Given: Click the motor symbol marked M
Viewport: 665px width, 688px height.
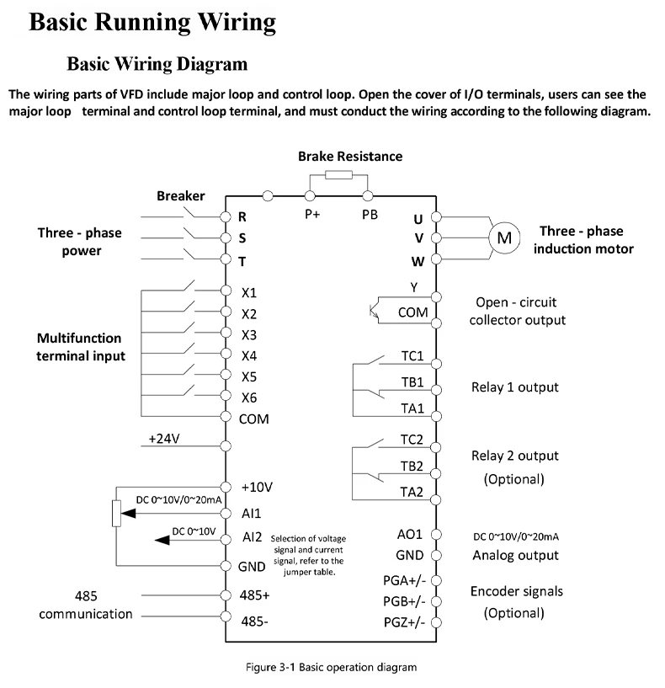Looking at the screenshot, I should (504, 238).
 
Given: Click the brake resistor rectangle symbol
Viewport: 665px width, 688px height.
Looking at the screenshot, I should (338, 175).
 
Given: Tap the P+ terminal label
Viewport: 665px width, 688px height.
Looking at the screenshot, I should (312, 213).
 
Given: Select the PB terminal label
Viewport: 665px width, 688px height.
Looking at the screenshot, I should (370, 213).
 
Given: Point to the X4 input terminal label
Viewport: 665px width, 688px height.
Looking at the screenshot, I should (249, 355).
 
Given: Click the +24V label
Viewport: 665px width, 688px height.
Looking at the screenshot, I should (164, 438).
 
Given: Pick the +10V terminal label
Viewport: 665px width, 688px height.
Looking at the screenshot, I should (256, 487).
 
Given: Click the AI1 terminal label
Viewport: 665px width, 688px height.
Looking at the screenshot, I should (252, 512).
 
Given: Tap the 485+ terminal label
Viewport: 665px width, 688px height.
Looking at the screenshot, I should (255, 595).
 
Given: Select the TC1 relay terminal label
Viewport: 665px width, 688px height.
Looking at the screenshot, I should (412, 355).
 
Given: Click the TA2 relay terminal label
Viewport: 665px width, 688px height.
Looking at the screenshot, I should (412, 493).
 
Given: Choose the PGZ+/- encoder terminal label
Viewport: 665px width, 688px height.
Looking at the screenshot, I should (405, 622).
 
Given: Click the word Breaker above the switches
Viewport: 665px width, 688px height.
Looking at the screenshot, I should (180, 196).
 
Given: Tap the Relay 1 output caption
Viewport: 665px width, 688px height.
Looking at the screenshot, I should (515, 387).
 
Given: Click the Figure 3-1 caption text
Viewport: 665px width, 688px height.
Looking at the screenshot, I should (332, 668).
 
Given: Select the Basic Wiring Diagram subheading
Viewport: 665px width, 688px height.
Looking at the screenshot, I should (157, 64).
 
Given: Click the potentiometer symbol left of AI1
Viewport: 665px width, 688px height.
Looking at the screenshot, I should (116, 512).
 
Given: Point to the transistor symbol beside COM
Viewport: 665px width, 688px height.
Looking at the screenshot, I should (374, 309).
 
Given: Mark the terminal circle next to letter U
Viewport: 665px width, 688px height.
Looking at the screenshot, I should (436, 218).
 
